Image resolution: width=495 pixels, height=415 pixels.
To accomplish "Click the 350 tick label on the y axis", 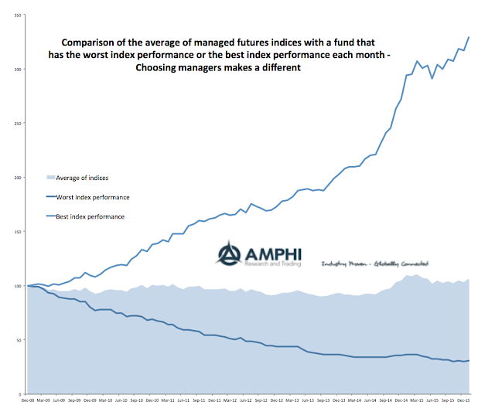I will pos(17,15).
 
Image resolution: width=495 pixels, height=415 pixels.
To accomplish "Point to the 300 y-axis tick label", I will pos(17,70).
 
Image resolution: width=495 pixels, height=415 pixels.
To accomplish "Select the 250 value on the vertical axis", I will pos(17,124).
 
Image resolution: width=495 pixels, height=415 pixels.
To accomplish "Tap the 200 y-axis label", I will pos(17,178).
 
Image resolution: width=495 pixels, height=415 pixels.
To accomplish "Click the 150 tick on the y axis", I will pos(17,232).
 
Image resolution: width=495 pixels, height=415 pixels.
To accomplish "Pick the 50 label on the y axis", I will pos(18,340).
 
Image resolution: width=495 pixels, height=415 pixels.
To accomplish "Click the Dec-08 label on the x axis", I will pos(28,401).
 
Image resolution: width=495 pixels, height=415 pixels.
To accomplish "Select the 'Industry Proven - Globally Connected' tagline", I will pos(375,264).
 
